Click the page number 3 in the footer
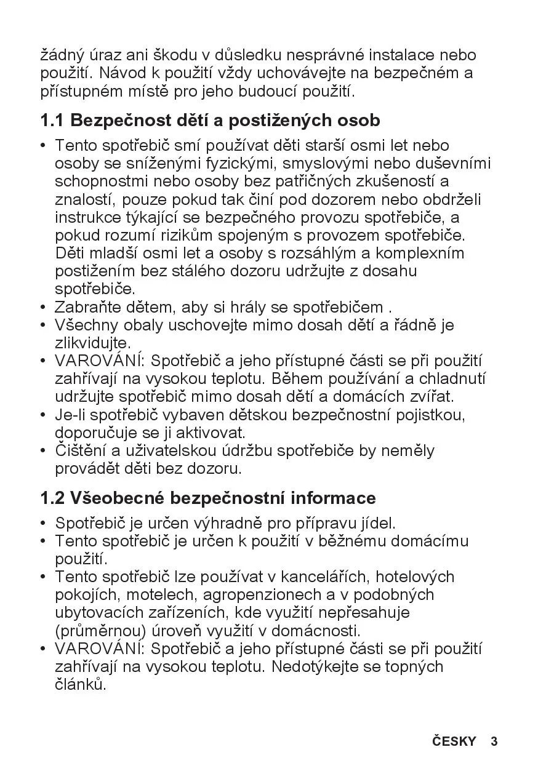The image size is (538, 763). [x=494, y=741]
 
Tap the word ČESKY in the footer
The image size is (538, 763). [x=454, y=741]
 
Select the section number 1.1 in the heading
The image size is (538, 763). [x=52, y=120]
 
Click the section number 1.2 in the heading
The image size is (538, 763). [x=52, y=497]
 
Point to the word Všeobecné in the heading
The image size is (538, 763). [x=117, y=497]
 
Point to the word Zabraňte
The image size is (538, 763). [x=84, y=307]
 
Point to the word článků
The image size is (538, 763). [x=80, y=684]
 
